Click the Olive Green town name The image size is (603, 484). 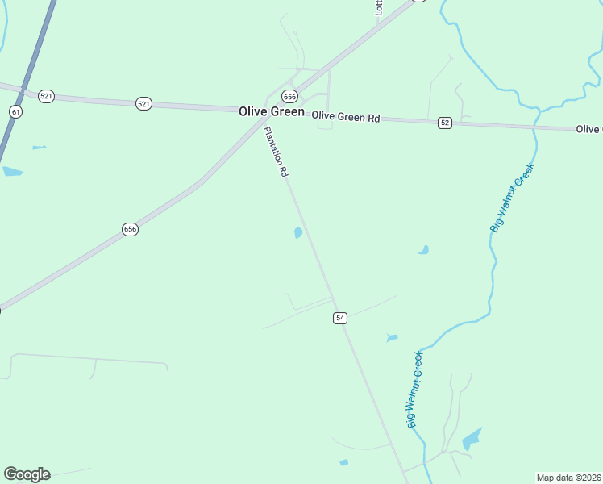(x=272, y=112)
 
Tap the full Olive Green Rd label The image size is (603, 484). (x=346, y=118)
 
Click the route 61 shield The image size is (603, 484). (x=16, y=112)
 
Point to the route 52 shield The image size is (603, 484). (x=445, y=123)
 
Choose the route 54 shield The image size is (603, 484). (x=340, y=319)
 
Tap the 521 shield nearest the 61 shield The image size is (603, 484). (x=46, y=96)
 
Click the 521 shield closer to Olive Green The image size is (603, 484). (x=143, y=103)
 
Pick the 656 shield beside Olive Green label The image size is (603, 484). (x=289, y=95)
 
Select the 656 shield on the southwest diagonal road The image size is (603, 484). (x=131, y=229)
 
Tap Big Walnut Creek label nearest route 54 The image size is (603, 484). (x=414, y=389)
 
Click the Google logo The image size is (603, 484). (x=27, y=474)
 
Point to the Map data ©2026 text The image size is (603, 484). (x=569, y=478)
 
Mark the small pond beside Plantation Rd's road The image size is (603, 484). (x=298, y=233)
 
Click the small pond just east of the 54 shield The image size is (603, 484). (x=392, y=337)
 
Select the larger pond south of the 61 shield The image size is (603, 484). (x=12, y=171)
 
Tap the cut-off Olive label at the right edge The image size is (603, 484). (x=589, y=129)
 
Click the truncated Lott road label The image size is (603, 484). (x=378, y=8)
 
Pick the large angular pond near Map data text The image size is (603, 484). (x=472, y=439)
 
